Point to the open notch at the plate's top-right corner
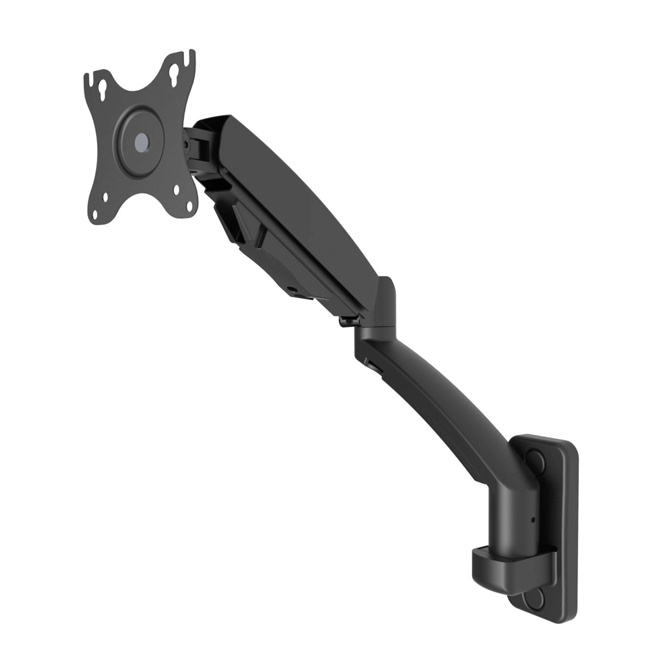[191, 57]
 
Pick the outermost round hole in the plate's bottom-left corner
[95, 215]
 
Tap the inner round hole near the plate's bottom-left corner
[106, 197]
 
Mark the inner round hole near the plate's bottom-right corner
[177, 190]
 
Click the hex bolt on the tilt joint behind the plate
[186, 145]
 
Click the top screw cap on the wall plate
[535, 460]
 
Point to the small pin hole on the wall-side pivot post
[533, 520]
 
